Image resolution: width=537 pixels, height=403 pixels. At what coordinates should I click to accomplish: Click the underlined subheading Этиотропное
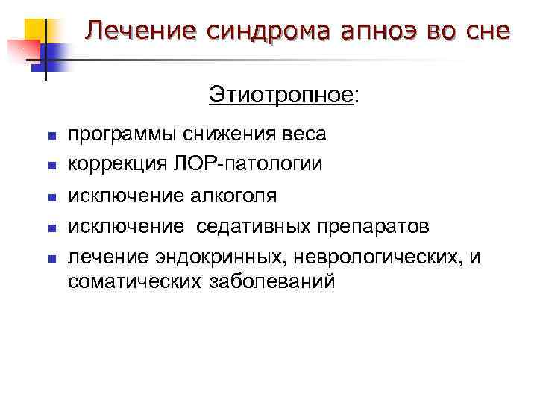click(280, 96)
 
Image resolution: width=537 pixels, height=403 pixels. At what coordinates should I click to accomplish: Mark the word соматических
click(134, 282)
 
